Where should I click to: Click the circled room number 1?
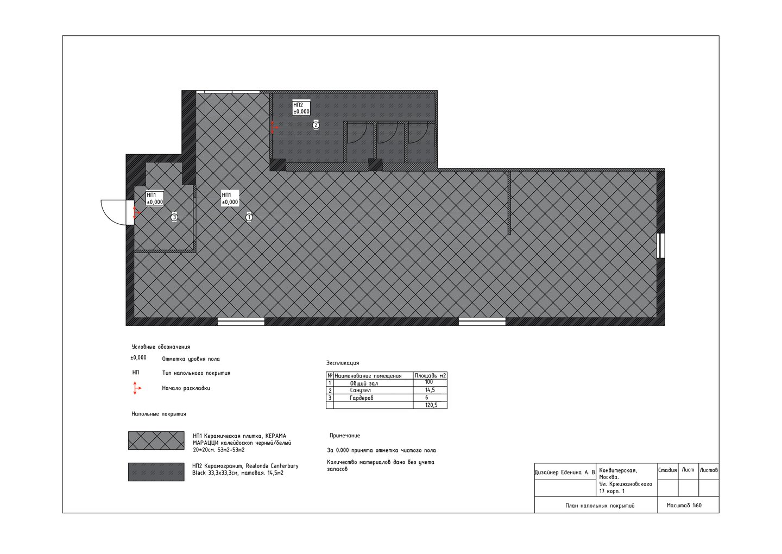(x=249, y=217)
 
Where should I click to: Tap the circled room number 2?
(x=316, y=125)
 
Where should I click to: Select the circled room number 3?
(x=174, y=217)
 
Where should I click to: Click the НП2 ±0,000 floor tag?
(x=301, y=108)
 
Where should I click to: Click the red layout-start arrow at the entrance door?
(x=136, y=212)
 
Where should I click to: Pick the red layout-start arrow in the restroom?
(x=274, y=128)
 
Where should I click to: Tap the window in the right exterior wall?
(x=660, y=245)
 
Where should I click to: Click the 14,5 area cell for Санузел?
(x=430, y=391)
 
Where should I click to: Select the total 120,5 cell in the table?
(x=430, y=405)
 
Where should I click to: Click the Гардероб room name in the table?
(x=361, y=398)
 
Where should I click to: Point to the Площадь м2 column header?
(x=430, y=376)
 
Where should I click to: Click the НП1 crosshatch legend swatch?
(x=156, y=440)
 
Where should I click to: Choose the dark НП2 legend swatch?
(x=156, y=472)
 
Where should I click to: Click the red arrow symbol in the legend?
(x=136, y=388)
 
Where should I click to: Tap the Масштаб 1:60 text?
(x=684, y=506)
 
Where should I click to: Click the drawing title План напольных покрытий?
(x=600, y=506)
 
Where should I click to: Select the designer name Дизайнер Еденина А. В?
(x=565, y=473)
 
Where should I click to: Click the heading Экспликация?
(x=343, y=363)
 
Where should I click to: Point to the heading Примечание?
(x=344, y=436)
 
